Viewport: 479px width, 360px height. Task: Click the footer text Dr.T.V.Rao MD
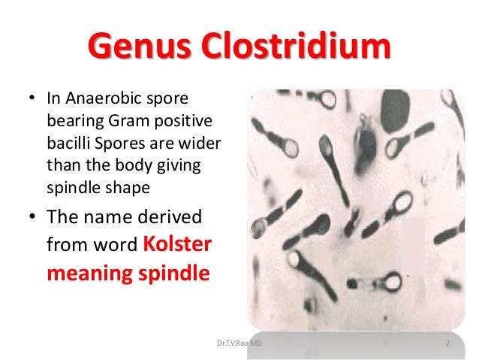[x=239, y=343]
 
